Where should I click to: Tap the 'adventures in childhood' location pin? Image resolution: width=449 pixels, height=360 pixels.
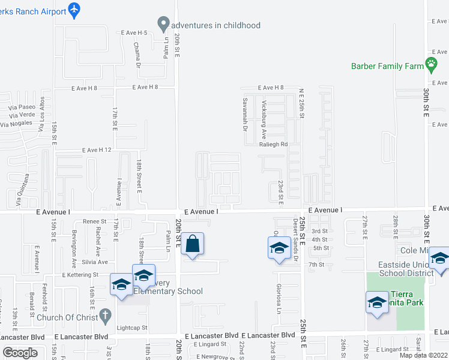[163, 25]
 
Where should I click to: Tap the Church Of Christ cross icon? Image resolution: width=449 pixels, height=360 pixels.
[105, 315]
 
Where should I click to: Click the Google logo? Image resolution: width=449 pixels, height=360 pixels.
[20, 353]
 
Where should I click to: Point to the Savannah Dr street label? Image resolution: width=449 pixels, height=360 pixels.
[245, 115]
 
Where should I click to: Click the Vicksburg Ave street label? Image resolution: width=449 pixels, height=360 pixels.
[264, 116]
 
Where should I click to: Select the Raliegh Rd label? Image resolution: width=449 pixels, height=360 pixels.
[274, 145]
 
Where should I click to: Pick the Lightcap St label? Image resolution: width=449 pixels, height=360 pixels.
[132, 328]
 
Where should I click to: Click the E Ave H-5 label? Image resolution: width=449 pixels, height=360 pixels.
[134, 32]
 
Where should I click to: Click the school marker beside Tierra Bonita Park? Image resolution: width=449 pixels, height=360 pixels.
[377, 301]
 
